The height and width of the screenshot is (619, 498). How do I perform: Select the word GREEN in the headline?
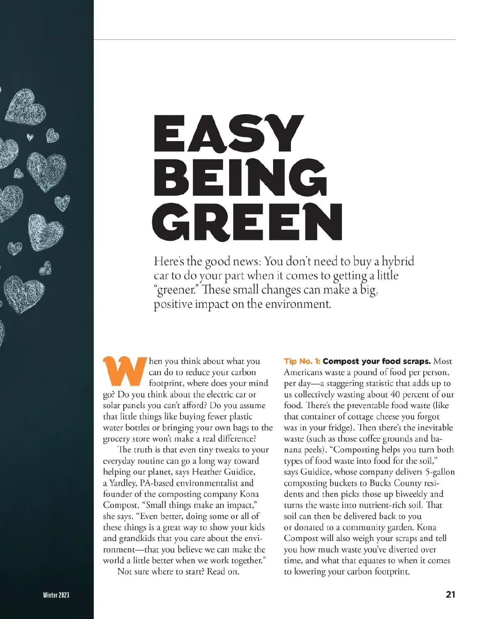248,222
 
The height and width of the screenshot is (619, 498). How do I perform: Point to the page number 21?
450,595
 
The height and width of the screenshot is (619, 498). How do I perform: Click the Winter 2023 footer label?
56,595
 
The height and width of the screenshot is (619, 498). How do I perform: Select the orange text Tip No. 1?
302,361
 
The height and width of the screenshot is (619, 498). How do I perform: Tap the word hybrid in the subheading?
398,262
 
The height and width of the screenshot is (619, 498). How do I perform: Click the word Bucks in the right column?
381,483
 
